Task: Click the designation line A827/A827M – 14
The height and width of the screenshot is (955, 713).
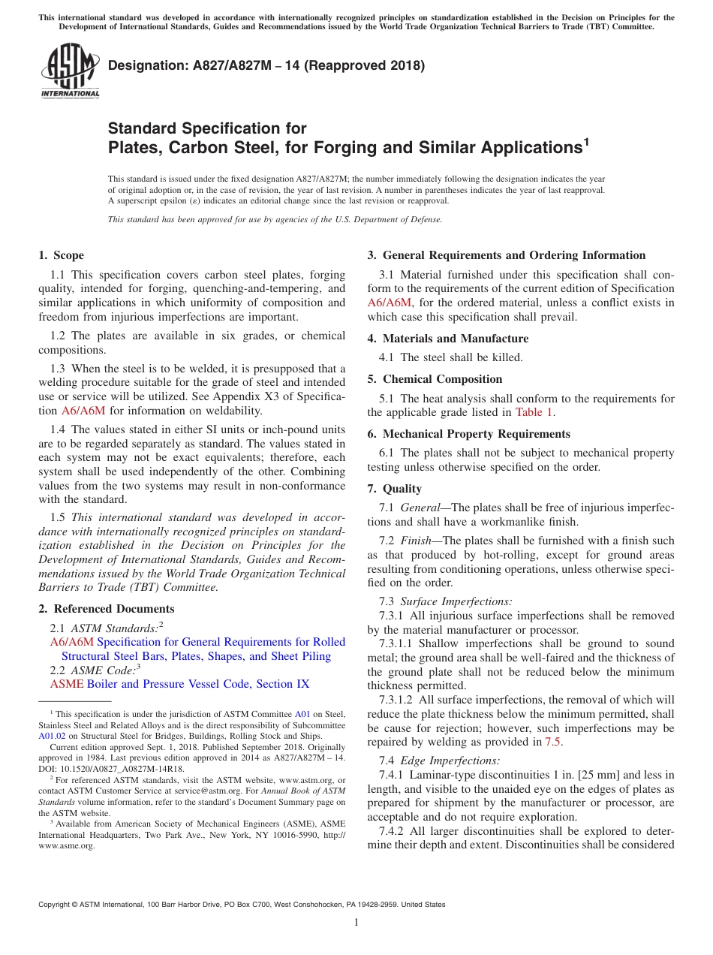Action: click(x=266, y=65)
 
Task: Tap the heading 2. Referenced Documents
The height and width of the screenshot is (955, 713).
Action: click(x=106, y=609)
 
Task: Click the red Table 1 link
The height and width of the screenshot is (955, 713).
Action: click(x=534, y=412)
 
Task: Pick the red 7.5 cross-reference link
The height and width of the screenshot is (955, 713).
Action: click(x=553, y=742)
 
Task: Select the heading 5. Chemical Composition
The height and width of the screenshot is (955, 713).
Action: click(x=435, y=379)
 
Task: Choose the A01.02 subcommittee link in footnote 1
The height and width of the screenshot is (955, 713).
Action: click(x=51, y=737)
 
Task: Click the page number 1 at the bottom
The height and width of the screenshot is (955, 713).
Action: click(x=356, y=922)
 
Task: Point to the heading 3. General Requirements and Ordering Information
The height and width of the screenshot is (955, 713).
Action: click(x=506, y=255)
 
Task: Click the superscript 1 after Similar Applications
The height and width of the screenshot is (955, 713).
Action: click(x=586, y=140)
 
